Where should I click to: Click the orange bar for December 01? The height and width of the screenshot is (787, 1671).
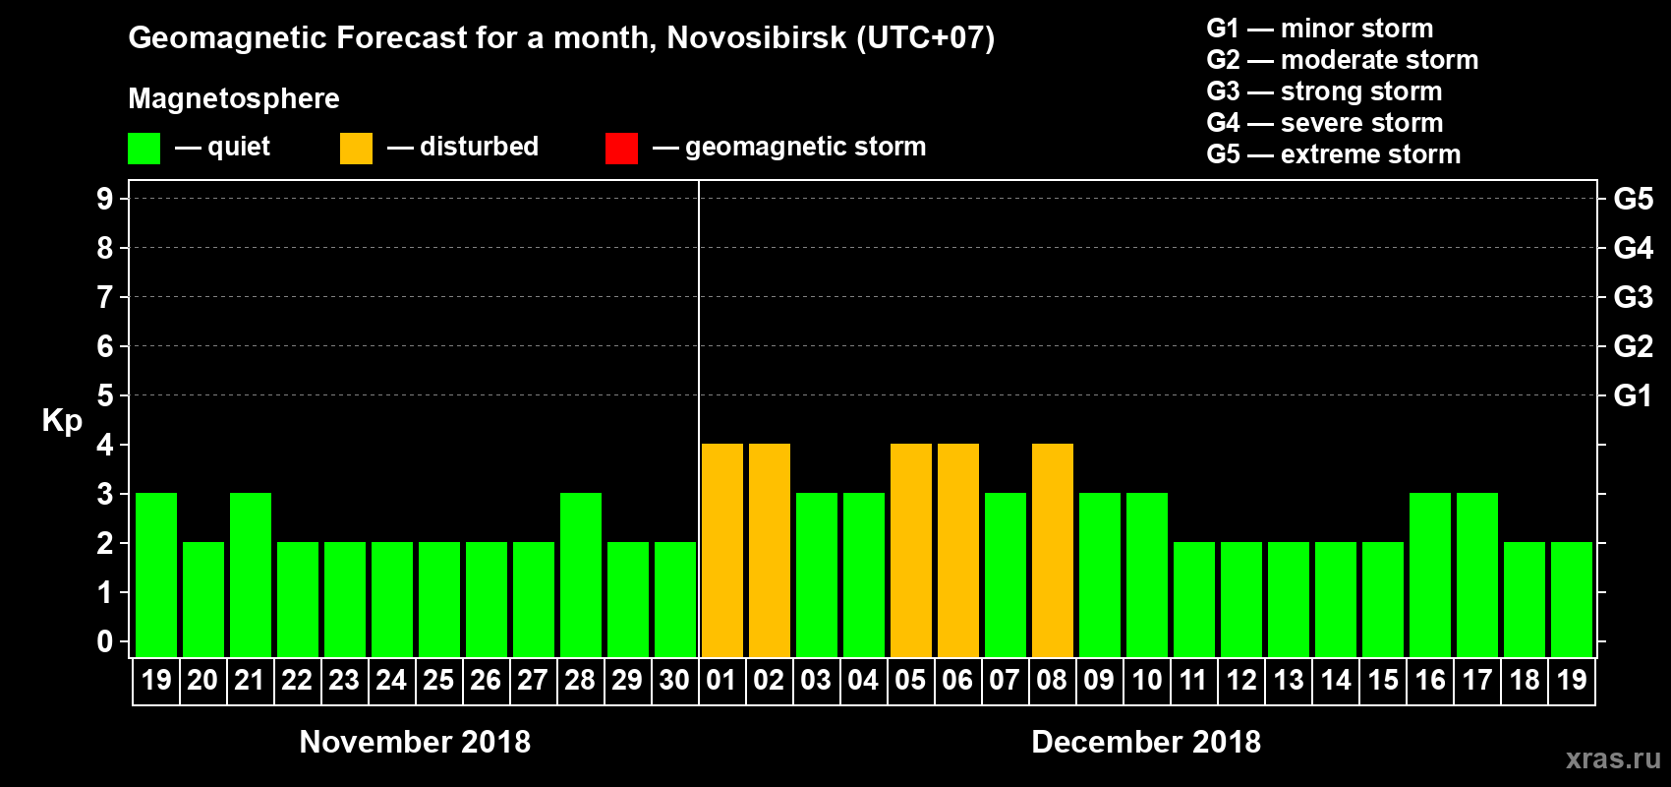click(722, 550)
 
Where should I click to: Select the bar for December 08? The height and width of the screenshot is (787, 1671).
click(1053, 550)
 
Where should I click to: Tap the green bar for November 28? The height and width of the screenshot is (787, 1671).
click(581, 575)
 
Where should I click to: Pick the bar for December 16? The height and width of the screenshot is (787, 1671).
click(1430, 575)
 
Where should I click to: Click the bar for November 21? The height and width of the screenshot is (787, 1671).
click(251, 575)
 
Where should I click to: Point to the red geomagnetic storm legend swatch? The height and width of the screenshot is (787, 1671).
click(621, 149)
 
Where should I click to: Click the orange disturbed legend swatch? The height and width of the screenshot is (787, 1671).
click(356, 149)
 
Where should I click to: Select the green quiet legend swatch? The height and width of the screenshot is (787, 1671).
click(144, 149)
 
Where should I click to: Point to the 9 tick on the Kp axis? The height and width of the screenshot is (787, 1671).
click(105, 199)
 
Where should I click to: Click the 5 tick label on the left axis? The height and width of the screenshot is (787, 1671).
click(105, 395)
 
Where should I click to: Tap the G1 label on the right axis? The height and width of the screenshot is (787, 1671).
click(1633, 395)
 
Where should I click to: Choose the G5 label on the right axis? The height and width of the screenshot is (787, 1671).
click(1633, 199)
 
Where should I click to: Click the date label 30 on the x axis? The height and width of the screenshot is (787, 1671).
click(674, 680)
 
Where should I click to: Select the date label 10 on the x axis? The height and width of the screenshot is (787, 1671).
click(1146, 680)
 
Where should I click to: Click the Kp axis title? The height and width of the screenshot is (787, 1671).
click(62, 421)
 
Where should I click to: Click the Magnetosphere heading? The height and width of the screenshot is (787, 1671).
click(234, 98)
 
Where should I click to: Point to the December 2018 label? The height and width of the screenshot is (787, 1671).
click(1146, 742)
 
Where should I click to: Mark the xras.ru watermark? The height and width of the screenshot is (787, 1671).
click(1613, 758)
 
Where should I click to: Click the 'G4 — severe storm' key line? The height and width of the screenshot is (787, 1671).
click(1325, 123)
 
